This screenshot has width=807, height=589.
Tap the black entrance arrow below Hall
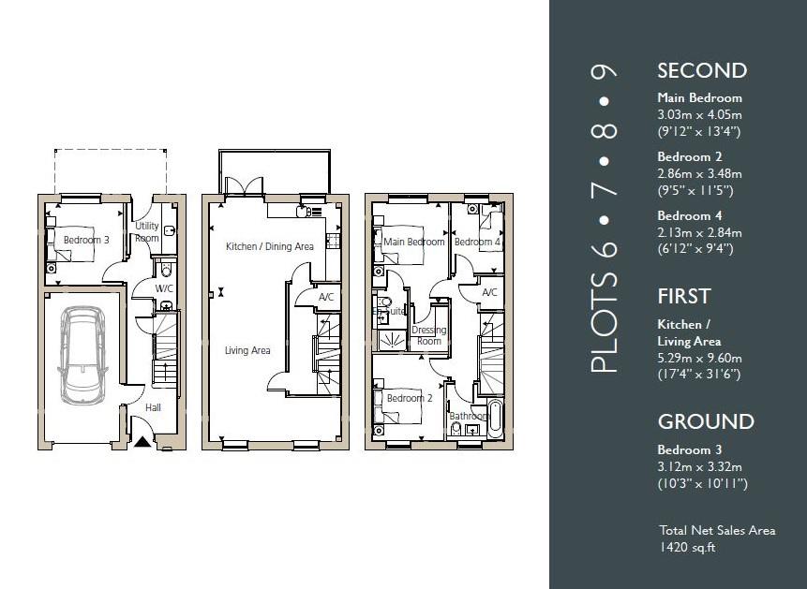[x=142, y=442]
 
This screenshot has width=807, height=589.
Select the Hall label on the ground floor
[x=154, y=407]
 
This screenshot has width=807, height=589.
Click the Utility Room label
[x=147, y=232]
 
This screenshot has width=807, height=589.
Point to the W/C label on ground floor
[x=165, y=288]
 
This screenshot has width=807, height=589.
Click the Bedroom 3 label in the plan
[x=86, y=240]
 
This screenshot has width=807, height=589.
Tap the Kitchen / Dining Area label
[x=270, y=246]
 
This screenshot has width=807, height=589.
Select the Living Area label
[x=247, y=350]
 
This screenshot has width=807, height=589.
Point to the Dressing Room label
[x=428, y=335]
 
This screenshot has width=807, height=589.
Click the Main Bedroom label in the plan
[x=414, y=242]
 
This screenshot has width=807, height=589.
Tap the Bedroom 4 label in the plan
[x=477, y=242]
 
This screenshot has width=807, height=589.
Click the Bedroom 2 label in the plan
[x=409, y=398]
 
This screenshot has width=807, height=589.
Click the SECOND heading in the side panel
[x=702, y=70]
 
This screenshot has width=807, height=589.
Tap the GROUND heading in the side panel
[x=706, y=421]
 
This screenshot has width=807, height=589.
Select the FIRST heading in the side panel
[x=684, y=296]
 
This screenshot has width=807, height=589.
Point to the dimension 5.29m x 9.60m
[x=699, y=358]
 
